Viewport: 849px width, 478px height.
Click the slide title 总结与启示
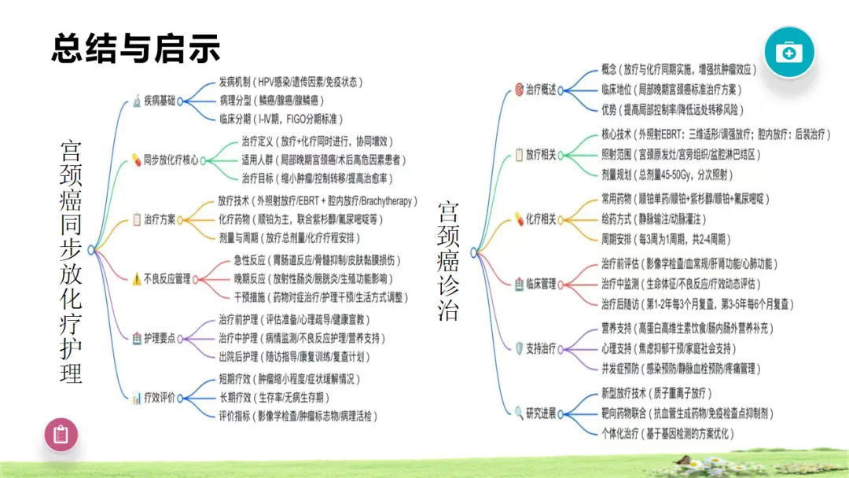pos(135,48)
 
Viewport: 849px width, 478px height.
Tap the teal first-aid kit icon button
pos(789,52)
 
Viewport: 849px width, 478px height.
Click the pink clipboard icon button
pos(61,433)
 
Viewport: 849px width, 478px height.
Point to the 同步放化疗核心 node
pos(164,159)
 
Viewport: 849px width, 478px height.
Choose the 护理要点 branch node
pos(158,338)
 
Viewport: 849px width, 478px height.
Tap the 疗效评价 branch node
pos(158,398)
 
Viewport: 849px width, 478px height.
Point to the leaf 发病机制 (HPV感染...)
pos(290,82)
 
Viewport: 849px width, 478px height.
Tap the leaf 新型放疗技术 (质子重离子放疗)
pos(656,393)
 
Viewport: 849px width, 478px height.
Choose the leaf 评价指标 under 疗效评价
pos(297,416)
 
